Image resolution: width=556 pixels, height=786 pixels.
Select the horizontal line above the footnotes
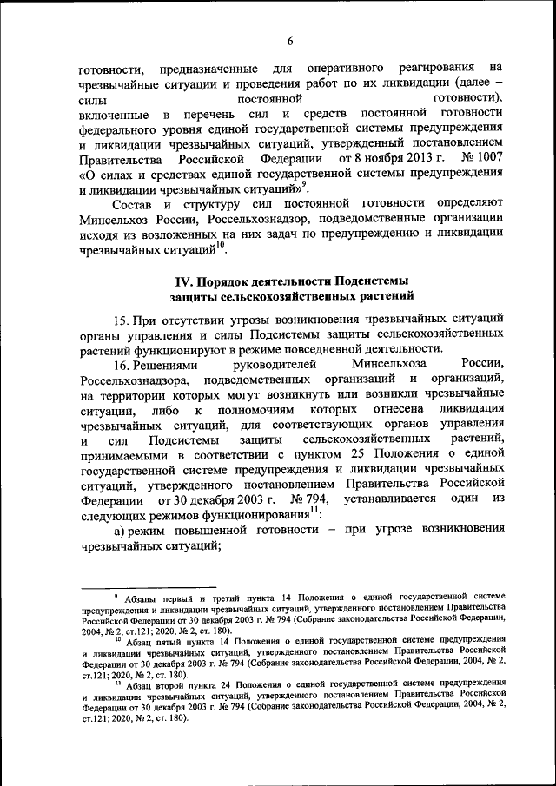(147, 589)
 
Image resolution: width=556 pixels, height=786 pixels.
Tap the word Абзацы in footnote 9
(140, 600)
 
